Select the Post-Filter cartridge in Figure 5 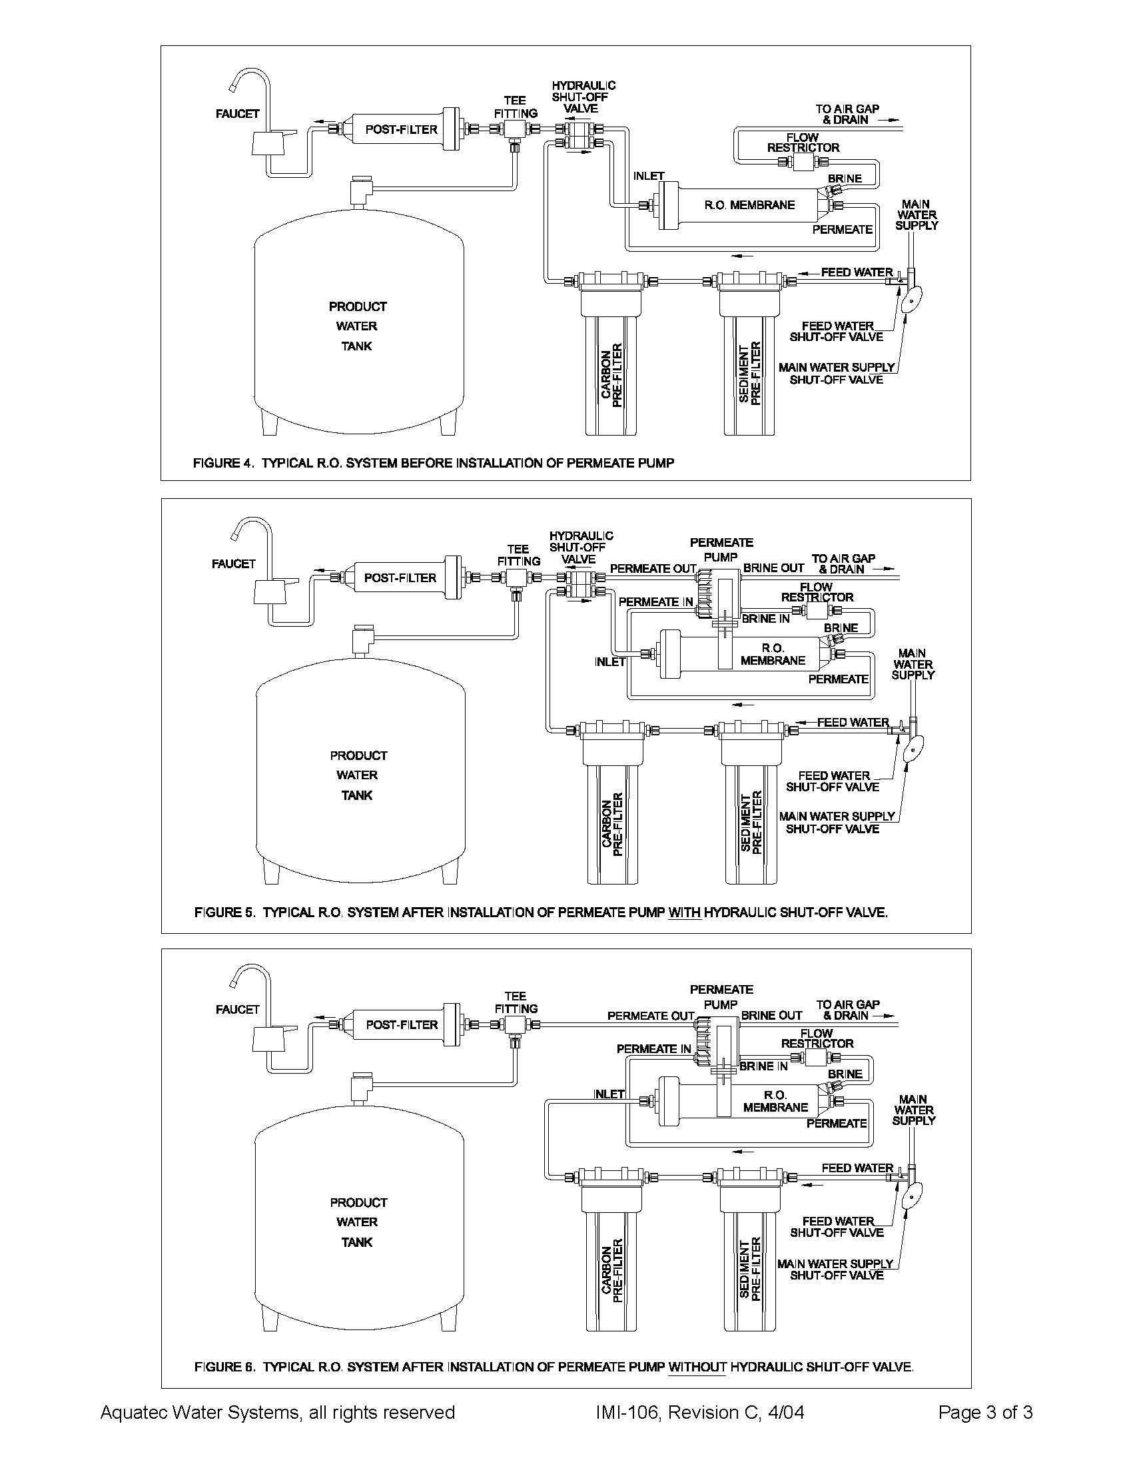point(401,578)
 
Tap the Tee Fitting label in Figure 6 point(516,1002)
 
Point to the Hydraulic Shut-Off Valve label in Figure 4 point(583,97)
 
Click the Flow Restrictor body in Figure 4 point(803,163)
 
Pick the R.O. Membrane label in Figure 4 point(749,205)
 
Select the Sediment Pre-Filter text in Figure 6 point(750,1268)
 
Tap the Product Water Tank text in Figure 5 point(358,775)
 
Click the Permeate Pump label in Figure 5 point(721,549)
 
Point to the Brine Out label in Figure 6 point(771,1016)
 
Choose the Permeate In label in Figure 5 point(655,602)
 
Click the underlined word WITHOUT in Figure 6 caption point(697,1367)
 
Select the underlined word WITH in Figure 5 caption point(685,913)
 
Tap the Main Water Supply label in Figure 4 point(917,214)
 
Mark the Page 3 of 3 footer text point(984,1413)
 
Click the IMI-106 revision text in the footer point(699,1413)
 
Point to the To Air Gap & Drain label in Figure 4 point(847,114)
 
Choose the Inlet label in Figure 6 point(609,1094)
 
